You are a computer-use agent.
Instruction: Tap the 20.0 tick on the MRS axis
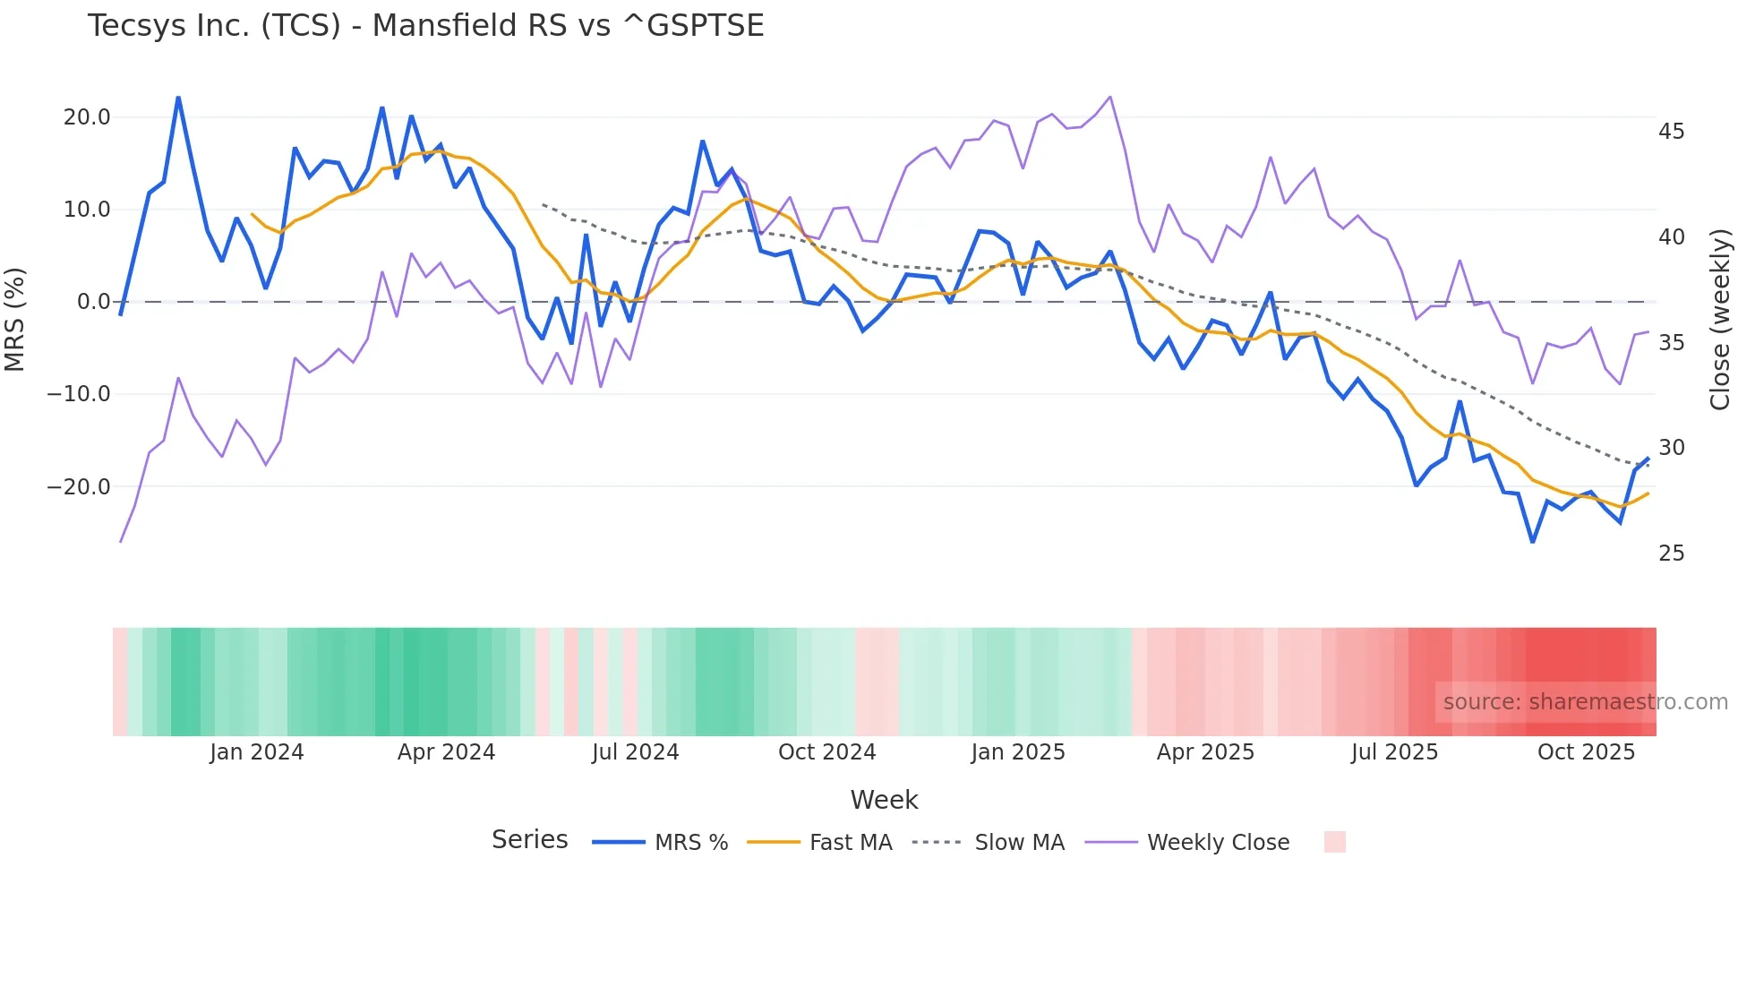(x=87, y=117)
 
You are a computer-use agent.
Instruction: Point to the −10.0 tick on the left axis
(x=79, y=394)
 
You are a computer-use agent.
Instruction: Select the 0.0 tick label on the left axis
(x=93, y=302)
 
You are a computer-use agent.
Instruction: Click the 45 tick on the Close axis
(x=1671, y=132)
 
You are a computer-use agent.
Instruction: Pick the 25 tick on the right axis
(x=1671, y=554)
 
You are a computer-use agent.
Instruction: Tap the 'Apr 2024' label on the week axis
(x=446, y=752)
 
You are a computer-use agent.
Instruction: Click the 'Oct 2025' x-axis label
(x=1586, y=752)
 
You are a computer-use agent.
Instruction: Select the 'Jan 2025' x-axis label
(x=1018, y=752)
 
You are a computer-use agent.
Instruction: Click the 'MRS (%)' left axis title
(x=15, y=319)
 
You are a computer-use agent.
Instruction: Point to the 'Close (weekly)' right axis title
(x=1720, y=319)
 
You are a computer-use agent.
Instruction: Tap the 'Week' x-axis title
(x=884, y=800)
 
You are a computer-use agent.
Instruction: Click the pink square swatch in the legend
(x=1334, y=842)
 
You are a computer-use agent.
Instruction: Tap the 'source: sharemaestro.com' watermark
(x=1585, y=702)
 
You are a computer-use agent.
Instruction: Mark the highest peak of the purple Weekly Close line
(x=1110, y=97)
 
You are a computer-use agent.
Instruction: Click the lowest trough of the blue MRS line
(x=1533, y=542)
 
